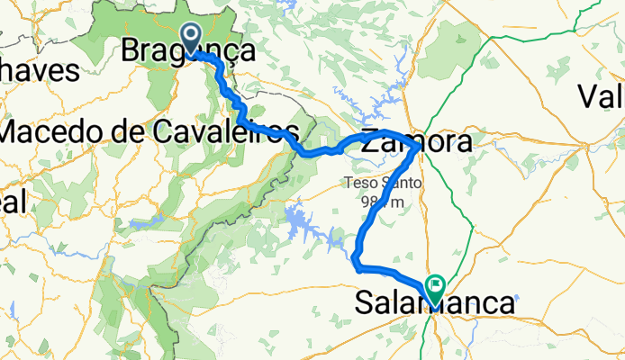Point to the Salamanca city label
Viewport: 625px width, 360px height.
click(434, 304)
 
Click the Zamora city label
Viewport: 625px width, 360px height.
click(416, 143)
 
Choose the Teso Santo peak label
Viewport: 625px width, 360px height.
click(382, 183)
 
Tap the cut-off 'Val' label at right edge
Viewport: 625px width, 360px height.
click(602, 94)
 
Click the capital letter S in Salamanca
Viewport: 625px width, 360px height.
click(365, 304)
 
